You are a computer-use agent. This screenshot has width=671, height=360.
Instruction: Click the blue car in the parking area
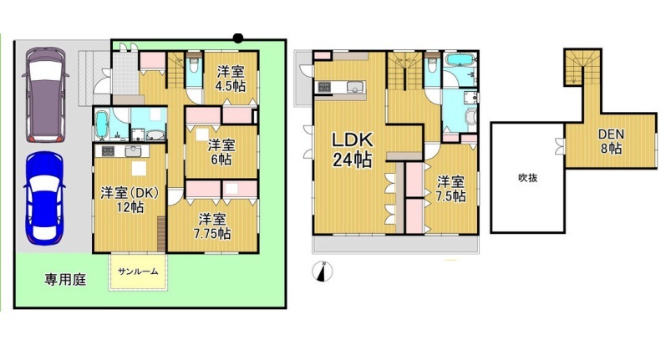[x=44, y=199]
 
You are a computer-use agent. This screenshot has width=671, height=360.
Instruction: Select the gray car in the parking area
[x=45, y=94]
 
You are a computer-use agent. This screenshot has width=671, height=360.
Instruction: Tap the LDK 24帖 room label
[x=353, y=150]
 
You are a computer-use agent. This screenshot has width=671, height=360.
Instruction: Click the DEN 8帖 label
[x=611, y=141]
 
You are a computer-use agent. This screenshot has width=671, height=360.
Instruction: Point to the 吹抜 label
[x=527, y=177]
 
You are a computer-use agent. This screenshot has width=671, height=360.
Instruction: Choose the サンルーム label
[x=138, y=271]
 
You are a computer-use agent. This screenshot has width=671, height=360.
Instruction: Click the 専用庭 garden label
[x=65, y=280]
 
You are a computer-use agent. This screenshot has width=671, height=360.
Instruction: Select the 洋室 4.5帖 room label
[x=231, y=79]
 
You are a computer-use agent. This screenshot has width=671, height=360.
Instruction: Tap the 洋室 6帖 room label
[x=221, y=152]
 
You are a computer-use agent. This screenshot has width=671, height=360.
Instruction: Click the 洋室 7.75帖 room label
[x=212, y=226]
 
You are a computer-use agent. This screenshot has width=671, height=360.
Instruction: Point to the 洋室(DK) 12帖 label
[x=130, y=200]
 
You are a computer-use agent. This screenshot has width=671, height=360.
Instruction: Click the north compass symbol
[x=323, y=271]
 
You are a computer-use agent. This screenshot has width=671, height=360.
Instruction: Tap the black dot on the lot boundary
[x=238, y=38]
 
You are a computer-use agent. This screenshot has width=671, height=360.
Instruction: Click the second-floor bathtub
[x=460, y=60]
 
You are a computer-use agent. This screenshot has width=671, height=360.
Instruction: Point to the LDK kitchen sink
[x=355, y=87]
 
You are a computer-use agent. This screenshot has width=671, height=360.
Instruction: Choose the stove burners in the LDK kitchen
[x=323, y=87]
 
